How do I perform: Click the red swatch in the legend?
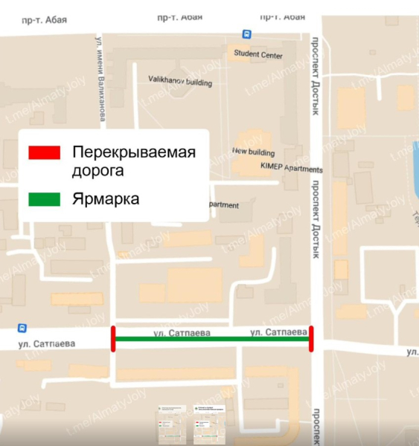point(44,152)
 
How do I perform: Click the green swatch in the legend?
point(44,199)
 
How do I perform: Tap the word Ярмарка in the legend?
point(106,199)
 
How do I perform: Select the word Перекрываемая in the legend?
point(133,152)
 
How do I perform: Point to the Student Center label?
point(258,54)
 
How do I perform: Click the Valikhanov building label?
point(180,80)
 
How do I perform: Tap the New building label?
point(249,151)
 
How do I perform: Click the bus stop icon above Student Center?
point(246,33)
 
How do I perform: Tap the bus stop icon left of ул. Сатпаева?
point(22,328)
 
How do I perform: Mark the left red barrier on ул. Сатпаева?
point(112,338)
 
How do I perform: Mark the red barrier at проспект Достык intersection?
point(311,338)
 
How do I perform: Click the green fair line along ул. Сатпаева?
point(211,340)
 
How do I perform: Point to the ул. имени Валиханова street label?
point(99,82)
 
